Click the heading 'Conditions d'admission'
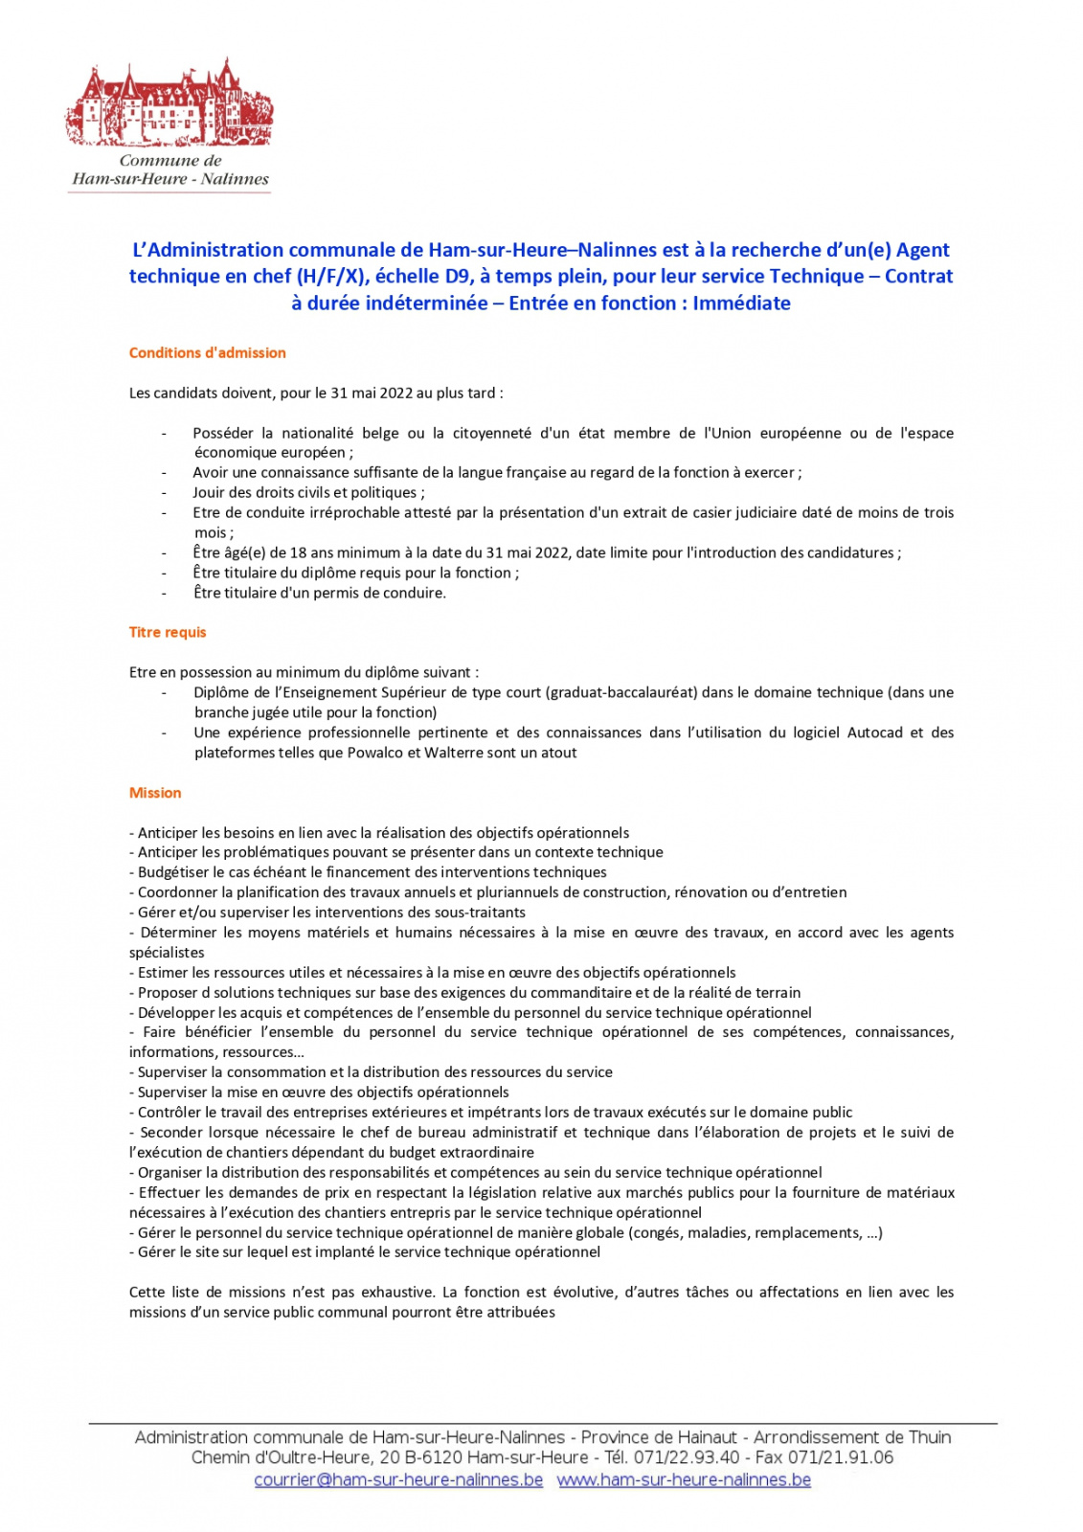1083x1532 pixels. (x=208, y=353)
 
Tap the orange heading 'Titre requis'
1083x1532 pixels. (x=168, y=633)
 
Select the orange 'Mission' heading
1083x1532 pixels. (x=155, y=793)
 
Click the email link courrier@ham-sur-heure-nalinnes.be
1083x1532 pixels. (x=398, y=1480)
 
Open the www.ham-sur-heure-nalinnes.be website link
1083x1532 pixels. (x=684, y=1480)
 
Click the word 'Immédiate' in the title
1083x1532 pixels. (x=741, y=304)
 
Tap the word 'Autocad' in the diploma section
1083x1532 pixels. (x=874, y=733)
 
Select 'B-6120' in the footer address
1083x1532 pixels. (x=434, y=1458)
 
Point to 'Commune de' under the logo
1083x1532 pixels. (x=170, y=161)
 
